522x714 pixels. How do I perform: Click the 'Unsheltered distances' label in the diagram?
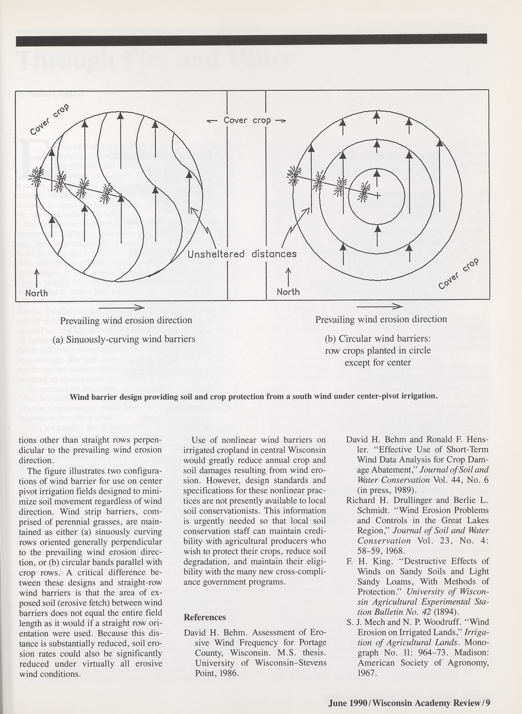pos(242,254)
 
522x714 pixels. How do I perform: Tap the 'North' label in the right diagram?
pos(288,292)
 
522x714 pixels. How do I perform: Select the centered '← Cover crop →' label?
pos(246,121)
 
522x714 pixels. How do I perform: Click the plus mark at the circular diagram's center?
pos(378,196)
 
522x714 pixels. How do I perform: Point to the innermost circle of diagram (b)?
pos(378,172)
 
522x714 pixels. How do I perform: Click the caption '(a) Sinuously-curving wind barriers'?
pos(124,339)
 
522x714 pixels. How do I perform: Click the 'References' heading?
pos(205,617)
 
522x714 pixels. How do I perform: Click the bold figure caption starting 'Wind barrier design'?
pos(261,396)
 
